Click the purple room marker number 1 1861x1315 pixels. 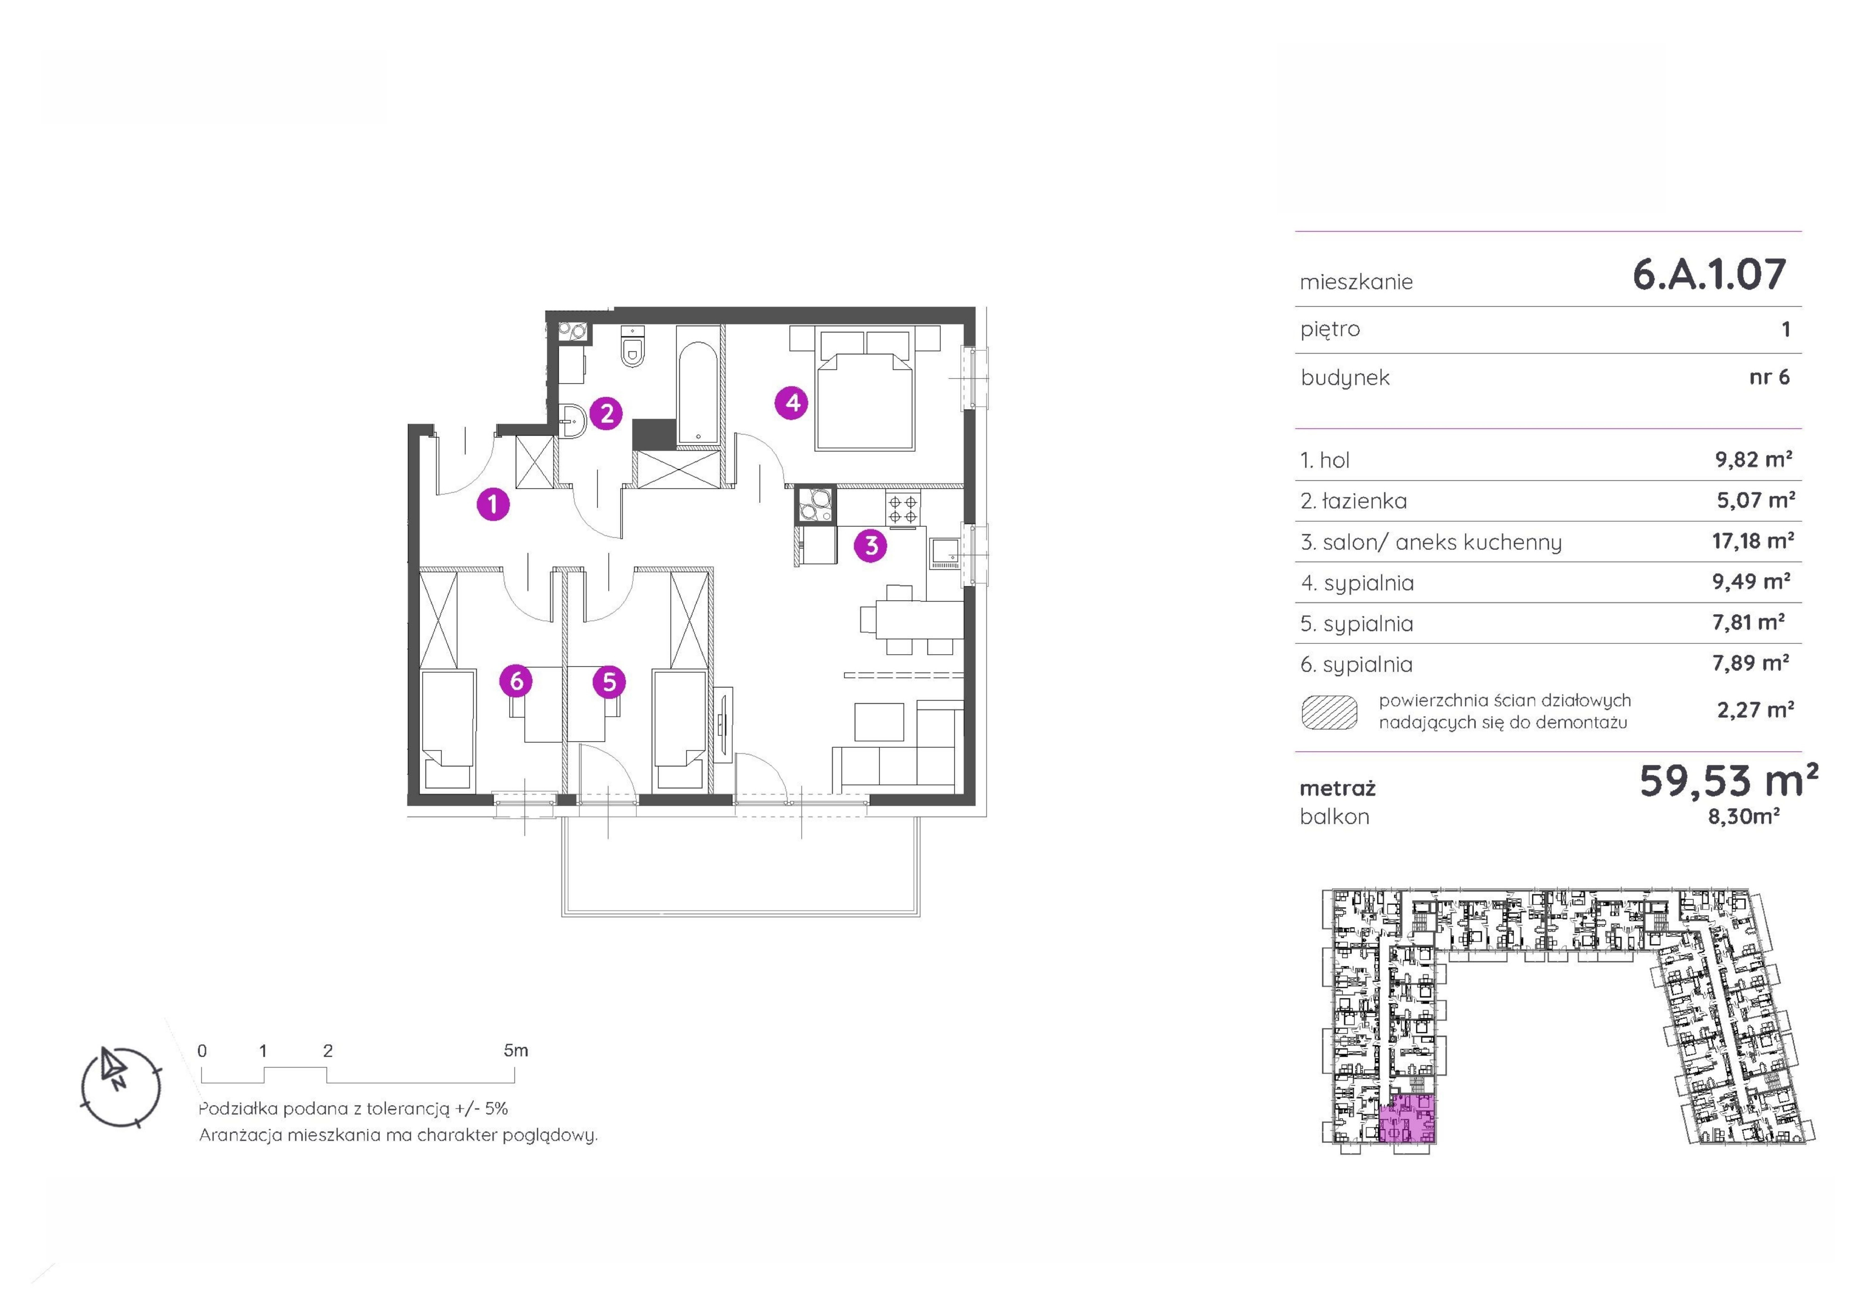click(493, 504)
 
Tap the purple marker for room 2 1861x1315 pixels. click(606, 413)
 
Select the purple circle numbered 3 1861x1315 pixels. click(870, 545)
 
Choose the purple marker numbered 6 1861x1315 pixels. click(516, 681)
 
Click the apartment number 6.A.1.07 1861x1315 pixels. click(1709, 274)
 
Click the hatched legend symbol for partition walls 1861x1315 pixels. click(1329, 712)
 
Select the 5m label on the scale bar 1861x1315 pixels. click(515, 1050)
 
